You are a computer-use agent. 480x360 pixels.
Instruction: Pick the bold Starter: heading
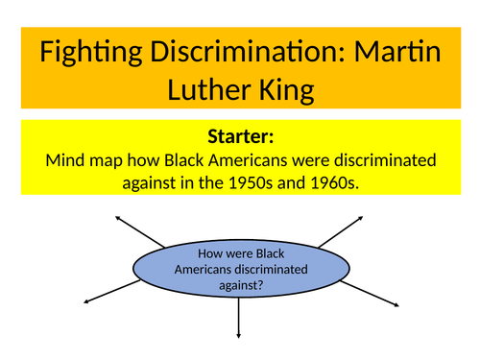(240, 137)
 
